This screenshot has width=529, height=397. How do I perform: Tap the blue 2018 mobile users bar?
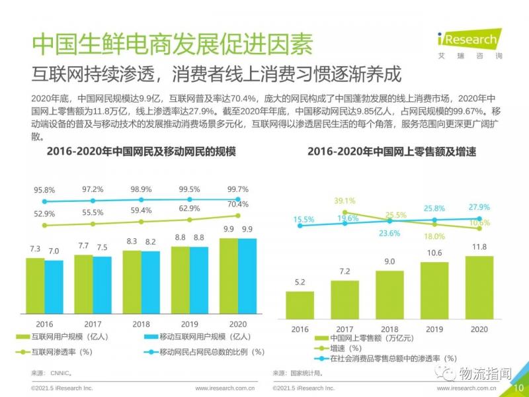click(151, 285)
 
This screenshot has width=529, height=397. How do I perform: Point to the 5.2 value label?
click(299, 282)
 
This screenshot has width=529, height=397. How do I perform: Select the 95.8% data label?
click(44, 190)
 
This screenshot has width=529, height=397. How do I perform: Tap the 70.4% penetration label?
click(237, 204)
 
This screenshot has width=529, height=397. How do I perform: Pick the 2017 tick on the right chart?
click(345, 329)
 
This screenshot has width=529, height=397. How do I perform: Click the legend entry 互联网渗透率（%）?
click(63, 351)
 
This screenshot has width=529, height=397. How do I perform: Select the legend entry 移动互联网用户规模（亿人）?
click(198, 337)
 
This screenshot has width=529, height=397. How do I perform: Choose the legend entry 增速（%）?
click(346, 349)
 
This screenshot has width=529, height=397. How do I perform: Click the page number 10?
click(519, 388)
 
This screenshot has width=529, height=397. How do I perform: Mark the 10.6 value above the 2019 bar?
click(434, 253)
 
